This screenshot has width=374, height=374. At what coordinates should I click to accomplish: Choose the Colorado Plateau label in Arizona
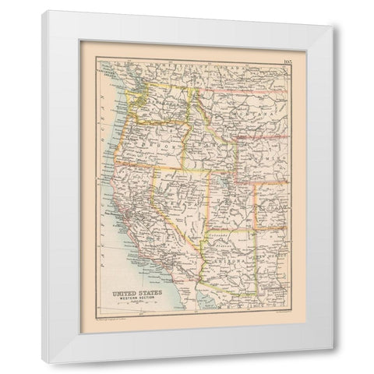tap(226, 231)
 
